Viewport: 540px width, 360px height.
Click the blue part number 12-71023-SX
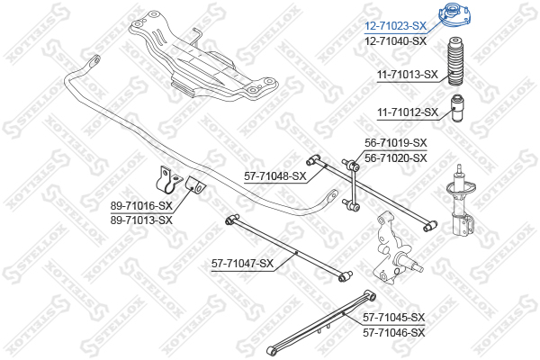[x=395, y=26]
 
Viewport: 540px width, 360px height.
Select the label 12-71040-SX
[x=395, y=41]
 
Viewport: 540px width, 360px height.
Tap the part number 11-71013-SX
[x=408, y=75]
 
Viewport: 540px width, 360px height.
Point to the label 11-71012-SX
[x=408, y=112]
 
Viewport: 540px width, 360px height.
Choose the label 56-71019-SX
[x=396, y=142]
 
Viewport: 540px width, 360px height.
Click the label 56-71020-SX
[x=396, y=158]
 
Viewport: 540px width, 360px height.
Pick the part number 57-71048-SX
[x=275, y=176]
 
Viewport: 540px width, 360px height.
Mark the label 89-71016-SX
[x=141, y=206]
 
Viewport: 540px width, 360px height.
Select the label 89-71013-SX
[x=141, y=220]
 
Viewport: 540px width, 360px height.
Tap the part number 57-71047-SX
[x=242, y=264]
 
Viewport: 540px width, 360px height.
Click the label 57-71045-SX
[x=394, y=318]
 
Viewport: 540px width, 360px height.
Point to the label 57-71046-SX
[x=394, y=333]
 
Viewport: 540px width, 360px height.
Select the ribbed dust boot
[x=455, y=62]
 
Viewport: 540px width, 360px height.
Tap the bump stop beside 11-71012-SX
[x=457, y=108]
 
